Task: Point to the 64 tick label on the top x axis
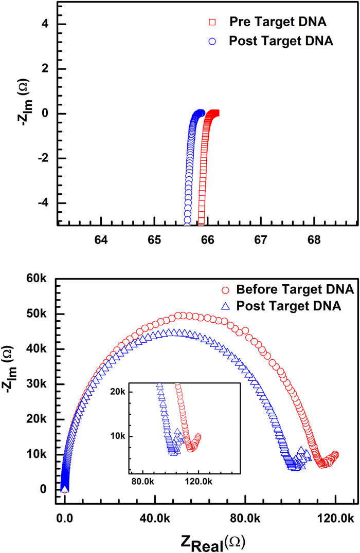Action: [101, 239]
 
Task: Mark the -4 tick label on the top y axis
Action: [43, 203]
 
